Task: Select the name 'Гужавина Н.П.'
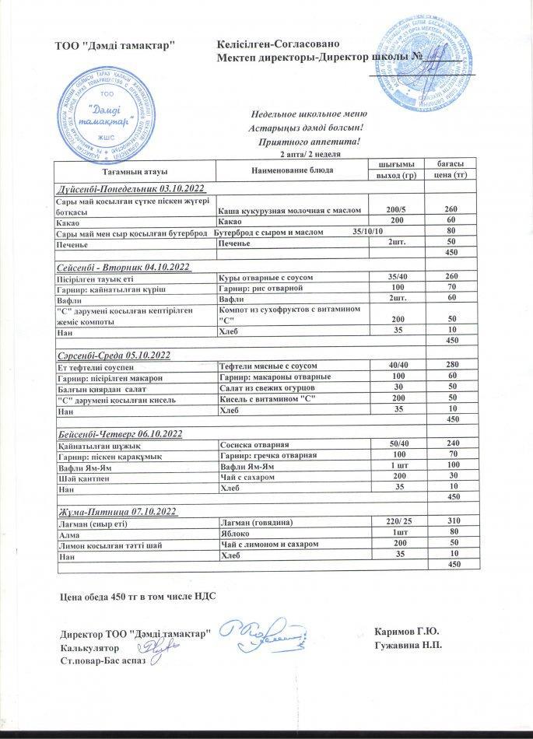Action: [x=408, y=646]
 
